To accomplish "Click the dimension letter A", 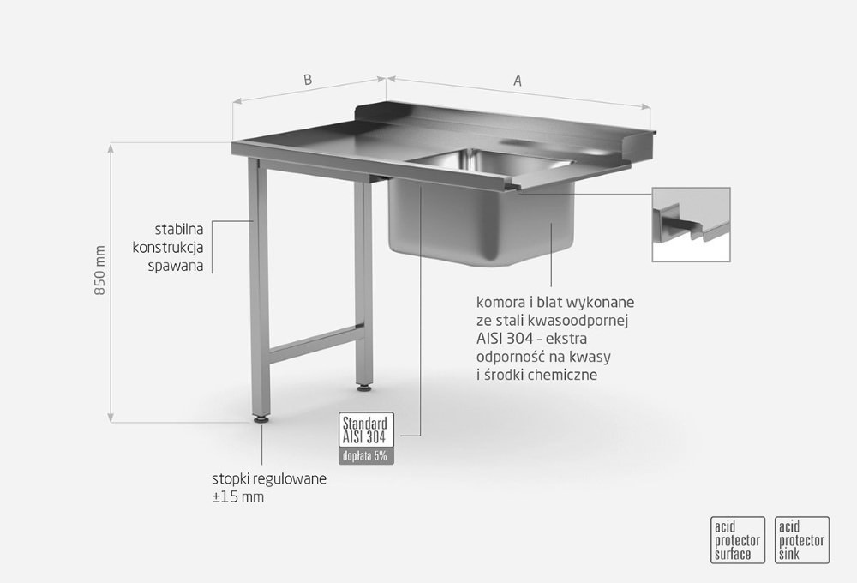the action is pyautogui.click(x=517, y=81).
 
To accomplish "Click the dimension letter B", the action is pyautogui.click(x=308, y=80).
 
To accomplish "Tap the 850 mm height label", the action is pyautogui.click(x=100, y=270).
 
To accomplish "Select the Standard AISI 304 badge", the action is pyautogui.click(x=366, y=430).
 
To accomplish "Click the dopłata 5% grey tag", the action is pyautogui.click(x=366, y=455).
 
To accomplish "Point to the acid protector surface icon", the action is pyautogui.click(x=737, y=540).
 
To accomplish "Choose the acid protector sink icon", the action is pyautogui.click(x=802, y=540).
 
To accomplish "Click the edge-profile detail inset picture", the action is pyautogui.click(x=691, y=225).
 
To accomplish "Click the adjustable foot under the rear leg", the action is pyautogui.click(x=363, y=388).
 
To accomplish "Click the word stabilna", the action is pyautogui.click(x=179, y=229).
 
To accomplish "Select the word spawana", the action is pyautogui.click(x=176, y=267).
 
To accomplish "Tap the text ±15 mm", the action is pyautogui.click(x=237, y=497).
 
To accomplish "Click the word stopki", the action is pyautogui.click(x=229, y=479).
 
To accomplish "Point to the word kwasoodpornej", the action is pyautogui.click(x=583, y=321).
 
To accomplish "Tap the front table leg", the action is pyautogui.click(x=259, y=288).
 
